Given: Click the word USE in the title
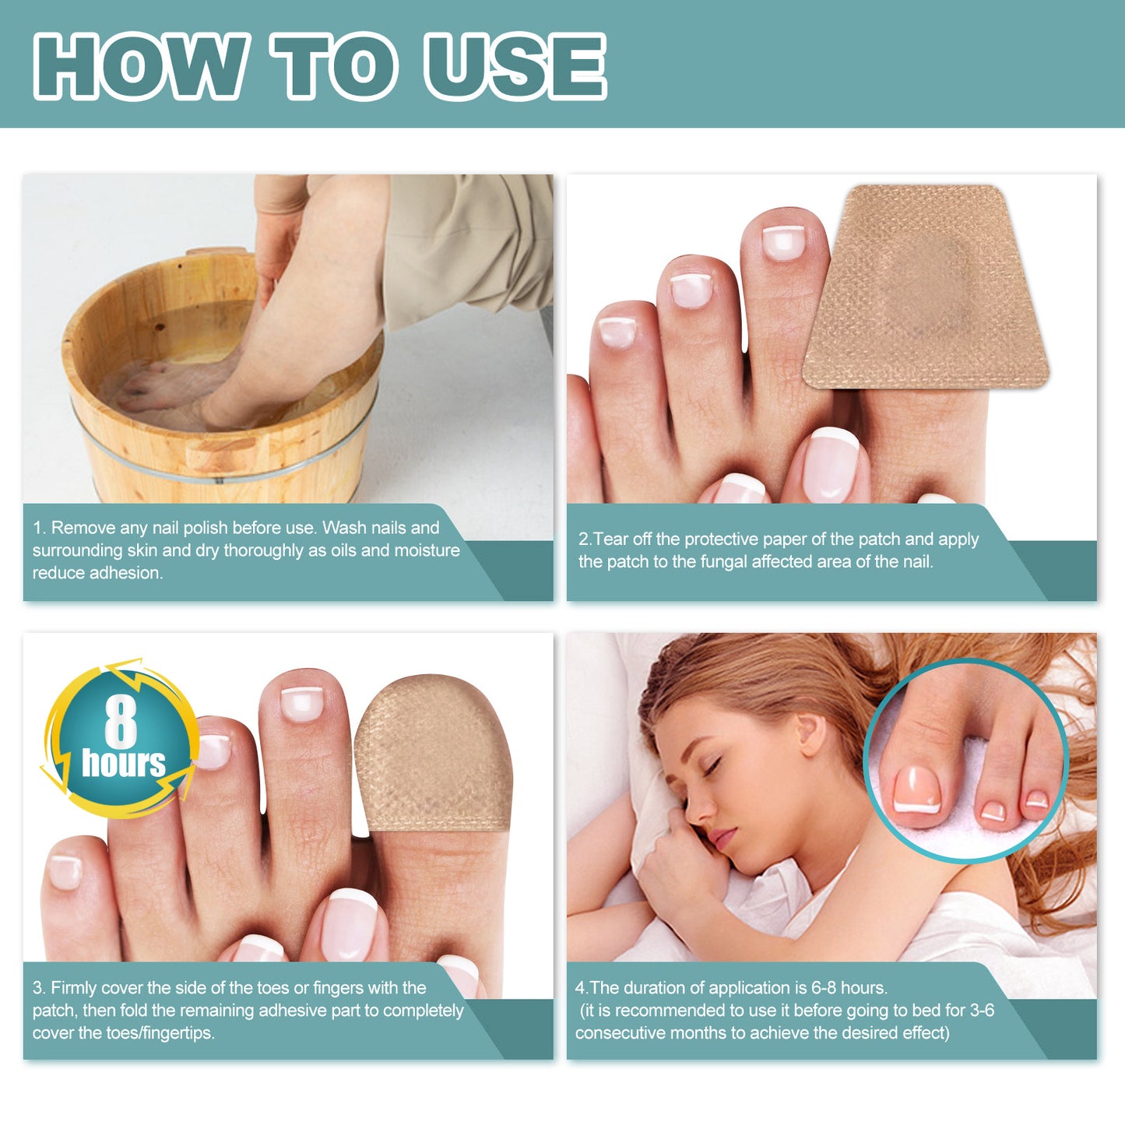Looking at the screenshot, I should point(515,66).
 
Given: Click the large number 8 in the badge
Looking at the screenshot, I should point(121,722).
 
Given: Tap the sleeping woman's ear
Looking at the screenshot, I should point(810,736).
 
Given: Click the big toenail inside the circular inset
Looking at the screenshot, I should point(917,790).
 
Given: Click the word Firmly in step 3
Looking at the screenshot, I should point(73,988).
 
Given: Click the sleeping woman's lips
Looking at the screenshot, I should point(722,838).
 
